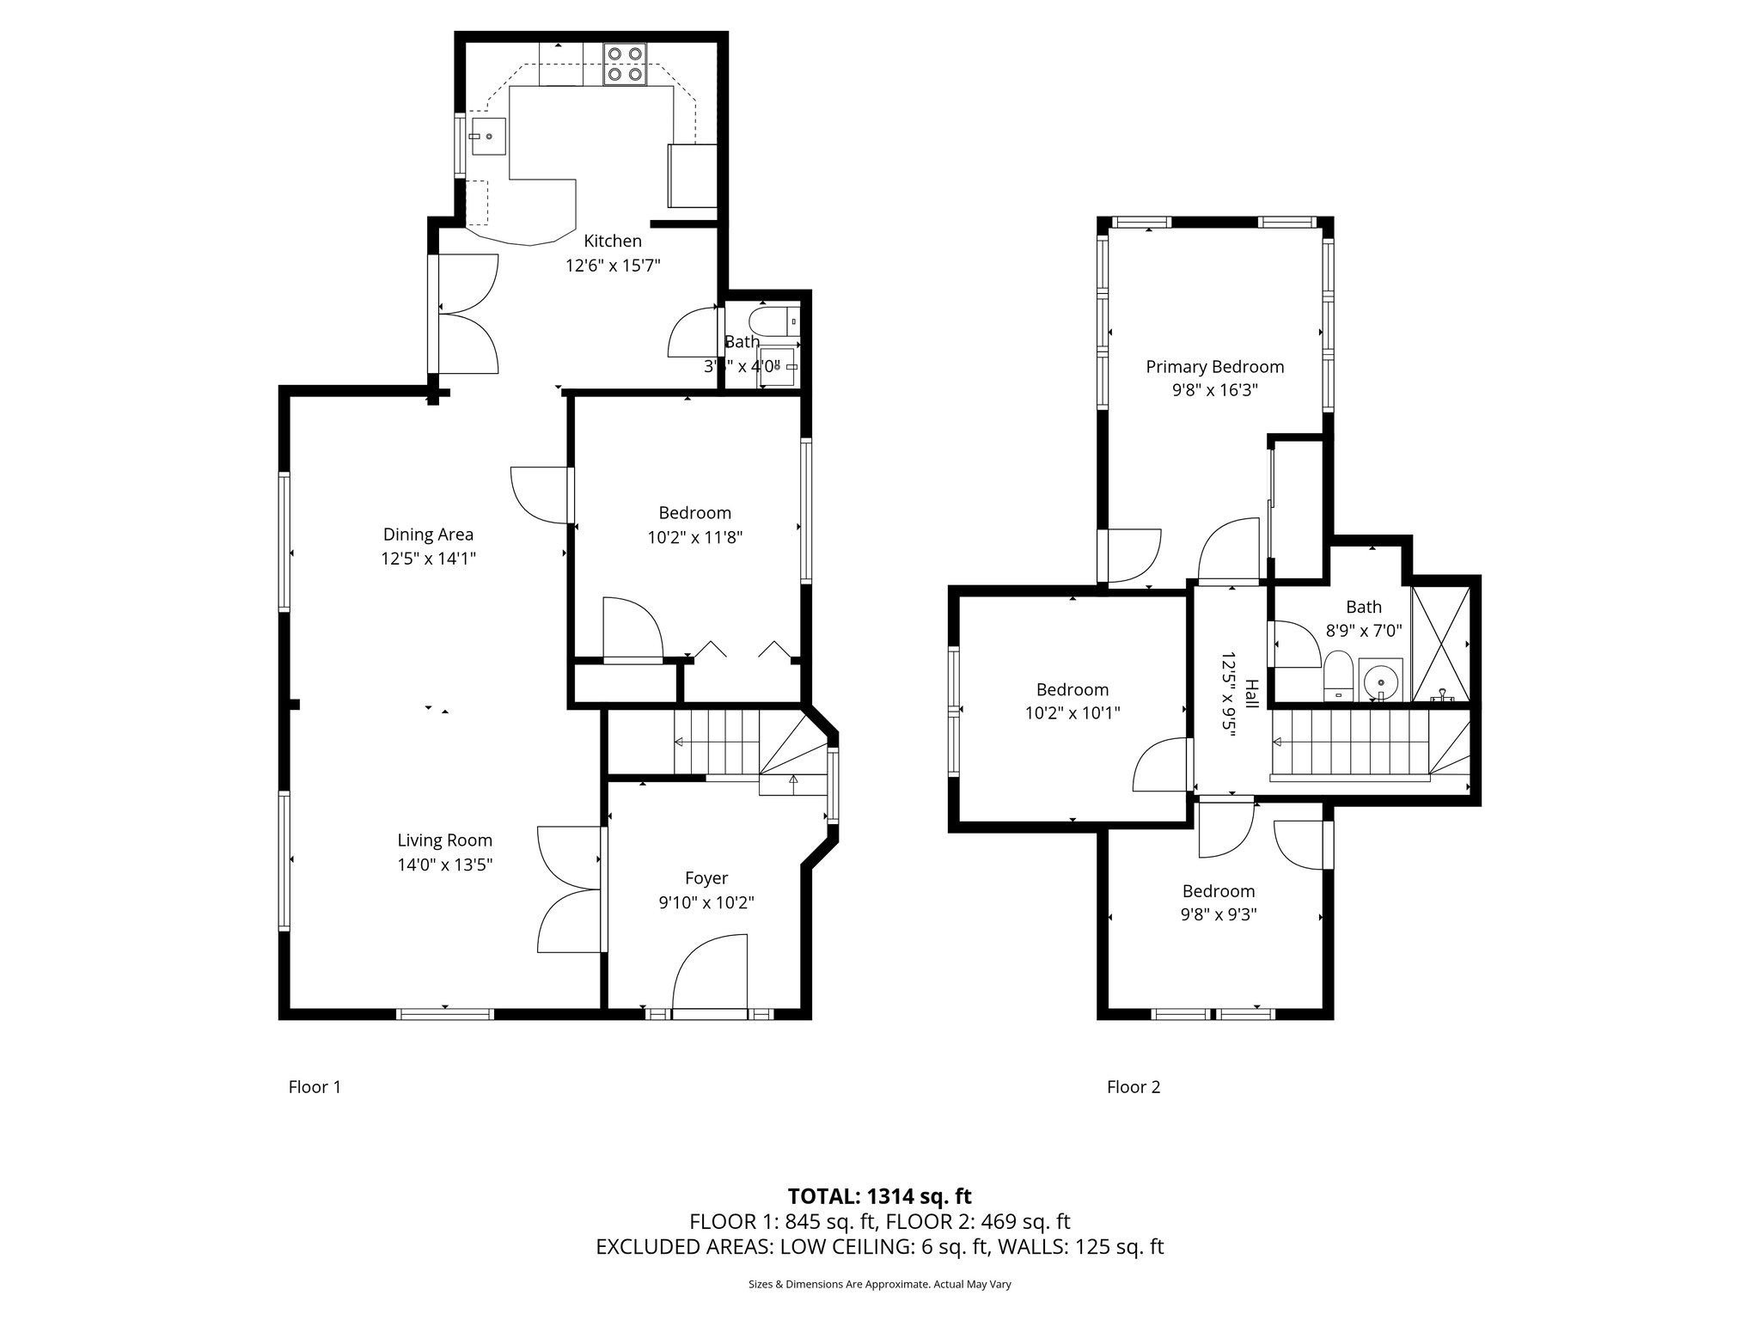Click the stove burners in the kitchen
coord(624,64)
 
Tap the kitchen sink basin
coord(487,136)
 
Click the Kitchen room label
coord(613,241)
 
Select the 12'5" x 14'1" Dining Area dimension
coord(428,559)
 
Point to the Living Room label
coord(444,840)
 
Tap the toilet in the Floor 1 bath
coord(771,322)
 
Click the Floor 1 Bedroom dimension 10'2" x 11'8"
coord(694,538)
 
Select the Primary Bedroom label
coord(1214,367)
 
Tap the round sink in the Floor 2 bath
coord(1380,681)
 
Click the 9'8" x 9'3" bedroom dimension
coord(1218,915)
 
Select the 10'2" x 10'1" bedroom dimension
coord(1072,713)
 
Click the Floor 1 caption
coord(315,1087)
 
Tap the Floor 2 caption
coord(1133,1087)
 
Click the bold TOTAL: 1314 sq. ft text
coord(879,1196)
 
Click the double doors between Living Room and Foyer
coord(570,889)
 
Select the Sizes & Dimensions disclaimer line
coord(879,1285)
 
